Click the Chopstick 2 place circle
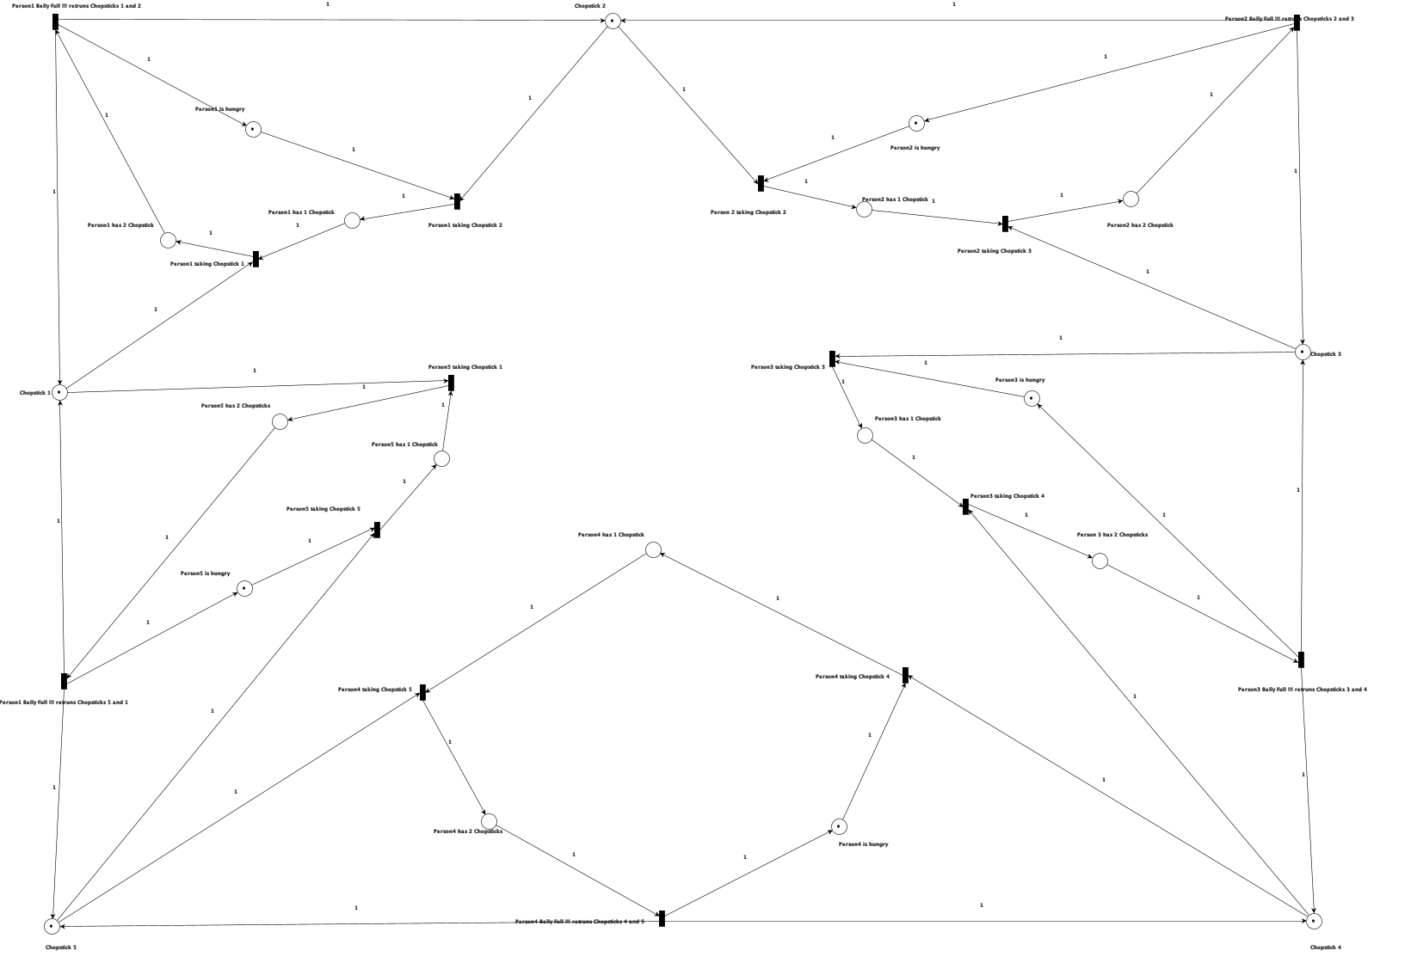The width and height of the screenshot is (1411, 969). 613,21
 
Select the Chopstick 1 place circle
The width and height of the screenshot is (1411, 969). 59,392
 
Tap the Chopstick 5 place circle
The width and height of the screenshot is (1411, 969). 52,926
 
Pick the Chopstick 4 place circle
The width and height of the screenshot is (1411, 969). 1313,921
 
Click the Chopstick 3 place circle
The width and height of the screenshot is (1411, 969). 1303,352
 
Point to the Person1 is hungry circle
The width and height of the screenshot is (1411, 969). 253,130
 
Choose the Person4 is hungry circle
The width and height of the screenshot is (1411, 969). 839,826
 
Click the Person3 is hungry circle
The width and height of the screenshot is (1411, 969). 1032,398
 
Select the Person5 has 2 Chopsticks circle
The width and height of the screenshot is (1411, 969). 280,421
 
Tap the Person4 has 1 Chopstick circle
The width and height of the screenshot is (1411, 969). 653,549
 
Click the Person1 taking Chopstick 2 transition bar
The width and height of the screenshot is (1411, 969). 457,201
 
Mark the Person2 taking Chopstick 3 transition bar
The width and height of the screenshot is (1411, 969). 1005,224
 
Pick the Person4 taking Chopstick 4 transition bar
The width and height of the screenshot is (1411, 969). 905,676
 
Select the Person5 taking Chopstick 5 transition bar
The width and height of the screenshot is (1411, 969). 377,530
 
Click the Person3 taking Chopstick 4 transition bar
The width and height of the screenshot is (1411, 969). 965,506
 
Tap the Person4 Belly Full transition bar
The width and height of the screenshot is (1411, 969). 662,918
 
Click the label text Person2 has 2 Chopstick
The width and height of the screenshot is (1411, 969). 1139,225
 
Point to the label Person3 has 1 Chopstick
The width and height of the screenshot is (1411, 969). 907,419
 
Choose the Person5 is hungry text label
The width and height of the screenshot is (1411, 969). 205,573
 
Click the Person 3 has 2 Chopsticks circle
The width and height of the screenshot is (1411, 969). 1100,561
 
